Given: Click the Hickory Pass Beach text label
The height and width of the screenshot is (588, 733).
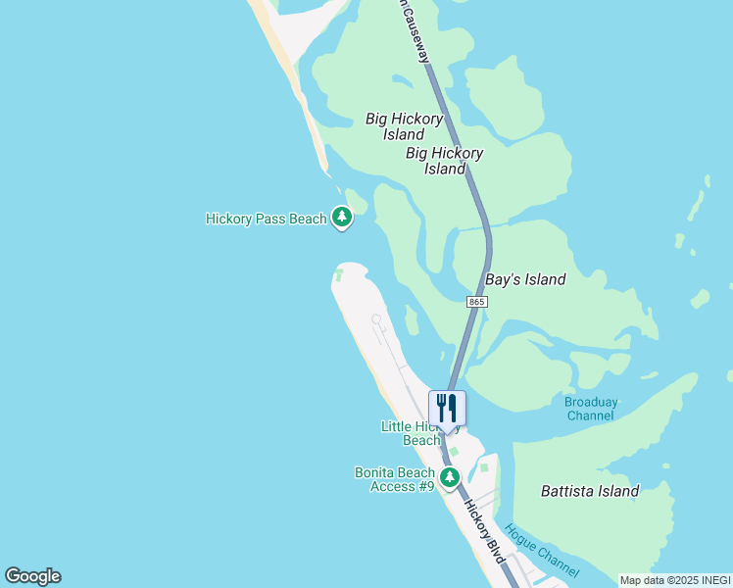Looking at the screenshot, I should click(x=266, y=219).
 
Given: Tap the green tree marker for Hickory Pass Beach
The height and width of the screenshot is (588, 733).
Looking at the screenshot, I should click(x=341, y=217).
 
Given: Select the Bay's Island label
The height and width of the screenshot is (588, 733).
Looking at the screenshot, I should click(x=526, y=279).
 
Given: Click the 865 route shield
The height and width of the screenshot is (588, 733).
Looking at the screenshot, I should click(x=476, y=302).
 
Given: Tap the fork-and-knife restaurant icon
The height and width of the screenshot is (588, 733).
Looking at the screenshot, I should click(x=447, y=408).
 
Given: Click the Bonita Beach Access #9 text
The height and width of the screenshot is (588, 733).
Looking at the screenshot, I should click(x=394, y=479).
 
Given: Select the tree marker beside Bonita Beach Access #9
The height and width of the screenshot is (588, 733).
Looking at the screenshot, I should click(x=449, y=477).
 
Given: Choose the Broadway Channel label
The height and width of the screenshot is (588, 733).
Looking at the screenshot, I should click(x=591, y=409).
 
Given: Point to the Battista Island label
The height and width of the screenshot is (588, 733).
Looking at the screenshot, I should click(x=590, y=491).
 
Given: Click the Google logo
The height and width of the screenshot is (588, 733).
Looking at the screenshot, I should click(x=33, y=576).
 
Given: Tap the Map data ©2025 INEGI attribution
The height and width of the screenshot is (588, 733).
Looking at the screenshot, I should click(x=675, y=580).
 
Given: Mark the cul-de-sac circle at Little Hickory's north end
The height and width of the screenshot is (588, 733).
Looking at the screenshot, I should click(x=375, y=318).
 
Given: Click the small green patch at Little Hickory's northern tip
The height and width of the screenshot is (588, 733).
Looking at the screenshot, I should click(x=340, y=274).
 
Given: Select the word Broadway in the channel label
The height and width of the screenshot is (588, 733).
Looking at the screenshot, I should click(x=591, y=402).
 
